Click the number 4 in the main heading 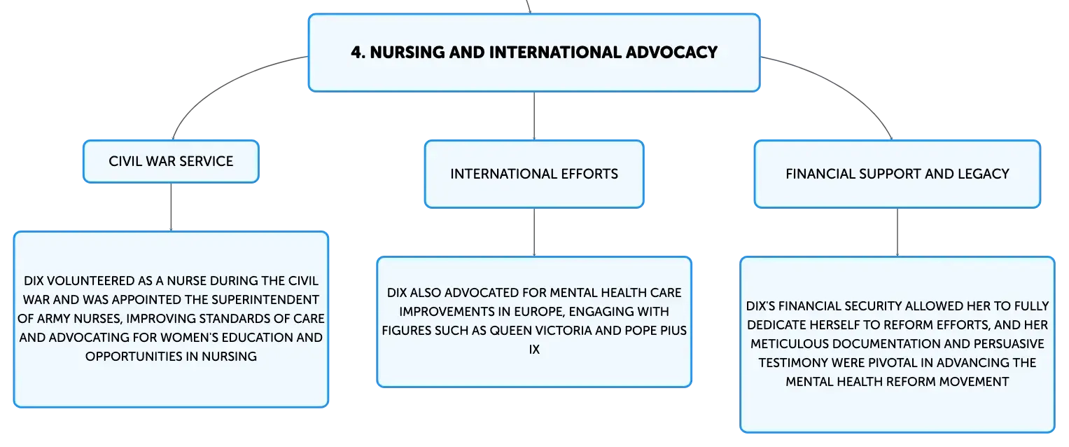[x=356, y=52]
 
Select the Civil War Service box [x=171, y=161]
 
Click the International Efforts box [x=534, y=174]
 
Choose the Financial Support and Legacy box [x=897, y=174]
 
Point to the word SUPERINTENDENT [x=265, y=299]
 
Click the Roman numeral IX [x=534, y=350]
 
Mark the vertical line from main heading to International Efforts [x=534, y=116]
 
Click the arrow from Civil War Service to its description [x=171, y=207]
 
